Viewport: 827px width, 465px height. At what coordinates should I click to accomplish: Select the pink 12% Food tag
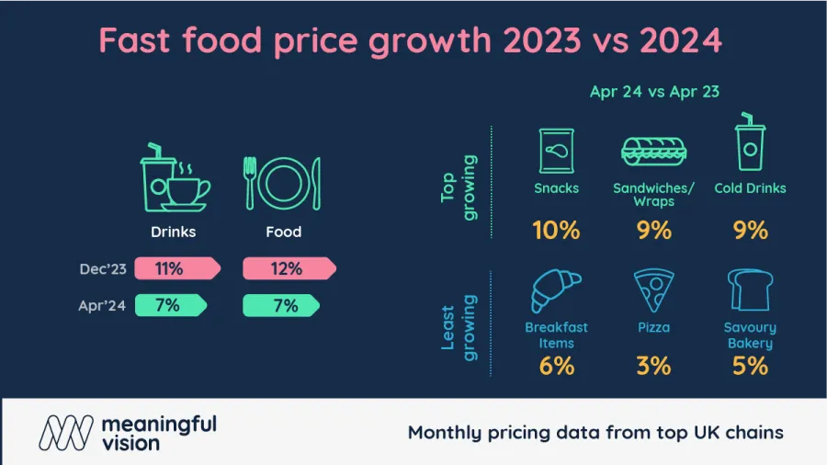pos(288,268)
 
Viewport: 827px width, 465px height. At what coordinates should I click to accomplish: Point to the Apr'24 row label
pos(102,306)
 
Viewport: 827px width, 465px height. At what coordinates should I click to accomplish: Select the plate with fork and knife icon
pos(283,181)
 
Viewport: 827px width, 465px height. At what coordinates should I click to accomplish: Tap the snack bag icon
pos(557,148)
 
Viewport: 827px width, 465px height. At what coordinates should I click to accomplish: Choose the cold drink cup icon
pos(750,144)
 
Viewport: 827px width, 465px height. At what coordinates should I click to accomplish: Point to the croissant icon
pos(556,291)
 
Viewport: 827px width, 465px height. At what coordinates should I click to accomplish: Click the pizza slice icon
pos(653,291)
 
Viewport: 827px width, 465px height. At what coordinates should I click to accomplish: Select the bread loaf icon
pos(750,291)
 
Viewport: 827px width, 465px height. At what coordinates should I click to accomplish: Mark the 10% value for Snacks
pos(557,230)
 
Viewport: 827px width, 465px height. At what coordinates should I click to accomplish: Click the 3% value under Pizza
pos(653,365)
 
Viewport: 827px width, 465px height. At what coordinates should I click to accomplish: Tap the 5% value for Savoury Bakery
pos(750,365)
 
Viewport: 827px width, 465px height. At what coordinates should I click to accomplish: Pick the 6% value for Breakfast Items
pos(557,365)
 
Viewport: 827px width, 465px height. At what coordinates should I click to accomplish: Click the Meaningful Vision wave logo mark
pos(65,432)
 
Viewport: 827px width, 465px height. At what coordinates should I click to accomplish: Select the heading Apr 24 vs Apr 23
pos(653,91)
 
